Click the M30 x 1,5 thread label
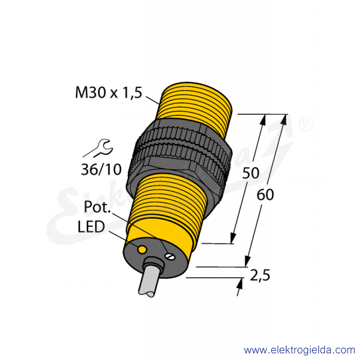(108, 93)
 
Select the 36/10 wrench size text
(101, 170)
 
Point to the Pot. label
(97, 207)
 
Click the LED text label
(91, 227)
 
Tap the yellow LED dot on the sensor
(142, 249)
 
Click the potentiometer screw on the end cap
(171, 256)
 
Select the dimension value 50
(251, 173)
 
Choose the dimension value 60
(265, 195)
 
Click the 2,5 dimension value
(260, 275)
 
